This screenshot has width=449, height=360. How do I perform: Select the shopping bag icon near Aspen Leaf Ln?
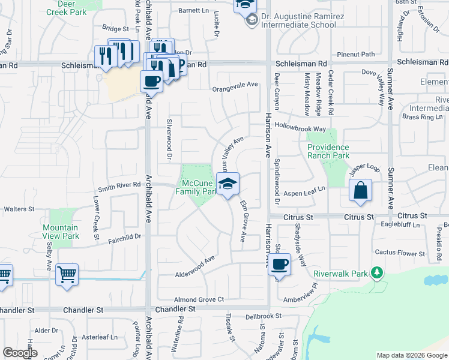coord(360,192)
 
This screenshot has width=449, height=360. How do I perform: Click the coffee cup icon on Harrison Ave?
coord(279,264)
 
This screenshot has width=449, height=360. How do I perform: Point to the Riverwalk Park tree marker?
coord(377,274)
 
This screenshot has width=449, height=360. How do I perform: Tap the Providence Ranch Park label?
coord(328,151)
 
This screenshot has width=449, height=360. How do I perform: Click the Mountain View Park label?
coord(61,232)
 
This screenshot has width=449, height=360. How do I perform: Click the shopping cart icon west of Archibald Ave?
coord(67,275)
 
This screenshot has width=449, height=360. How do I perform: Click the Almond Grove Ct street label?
coord(199,299)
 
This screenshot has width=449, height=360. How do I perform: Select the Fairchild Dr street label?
coord(125,236)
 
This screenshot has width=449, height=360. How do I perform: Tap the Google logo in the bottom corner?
coord(20,353)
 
